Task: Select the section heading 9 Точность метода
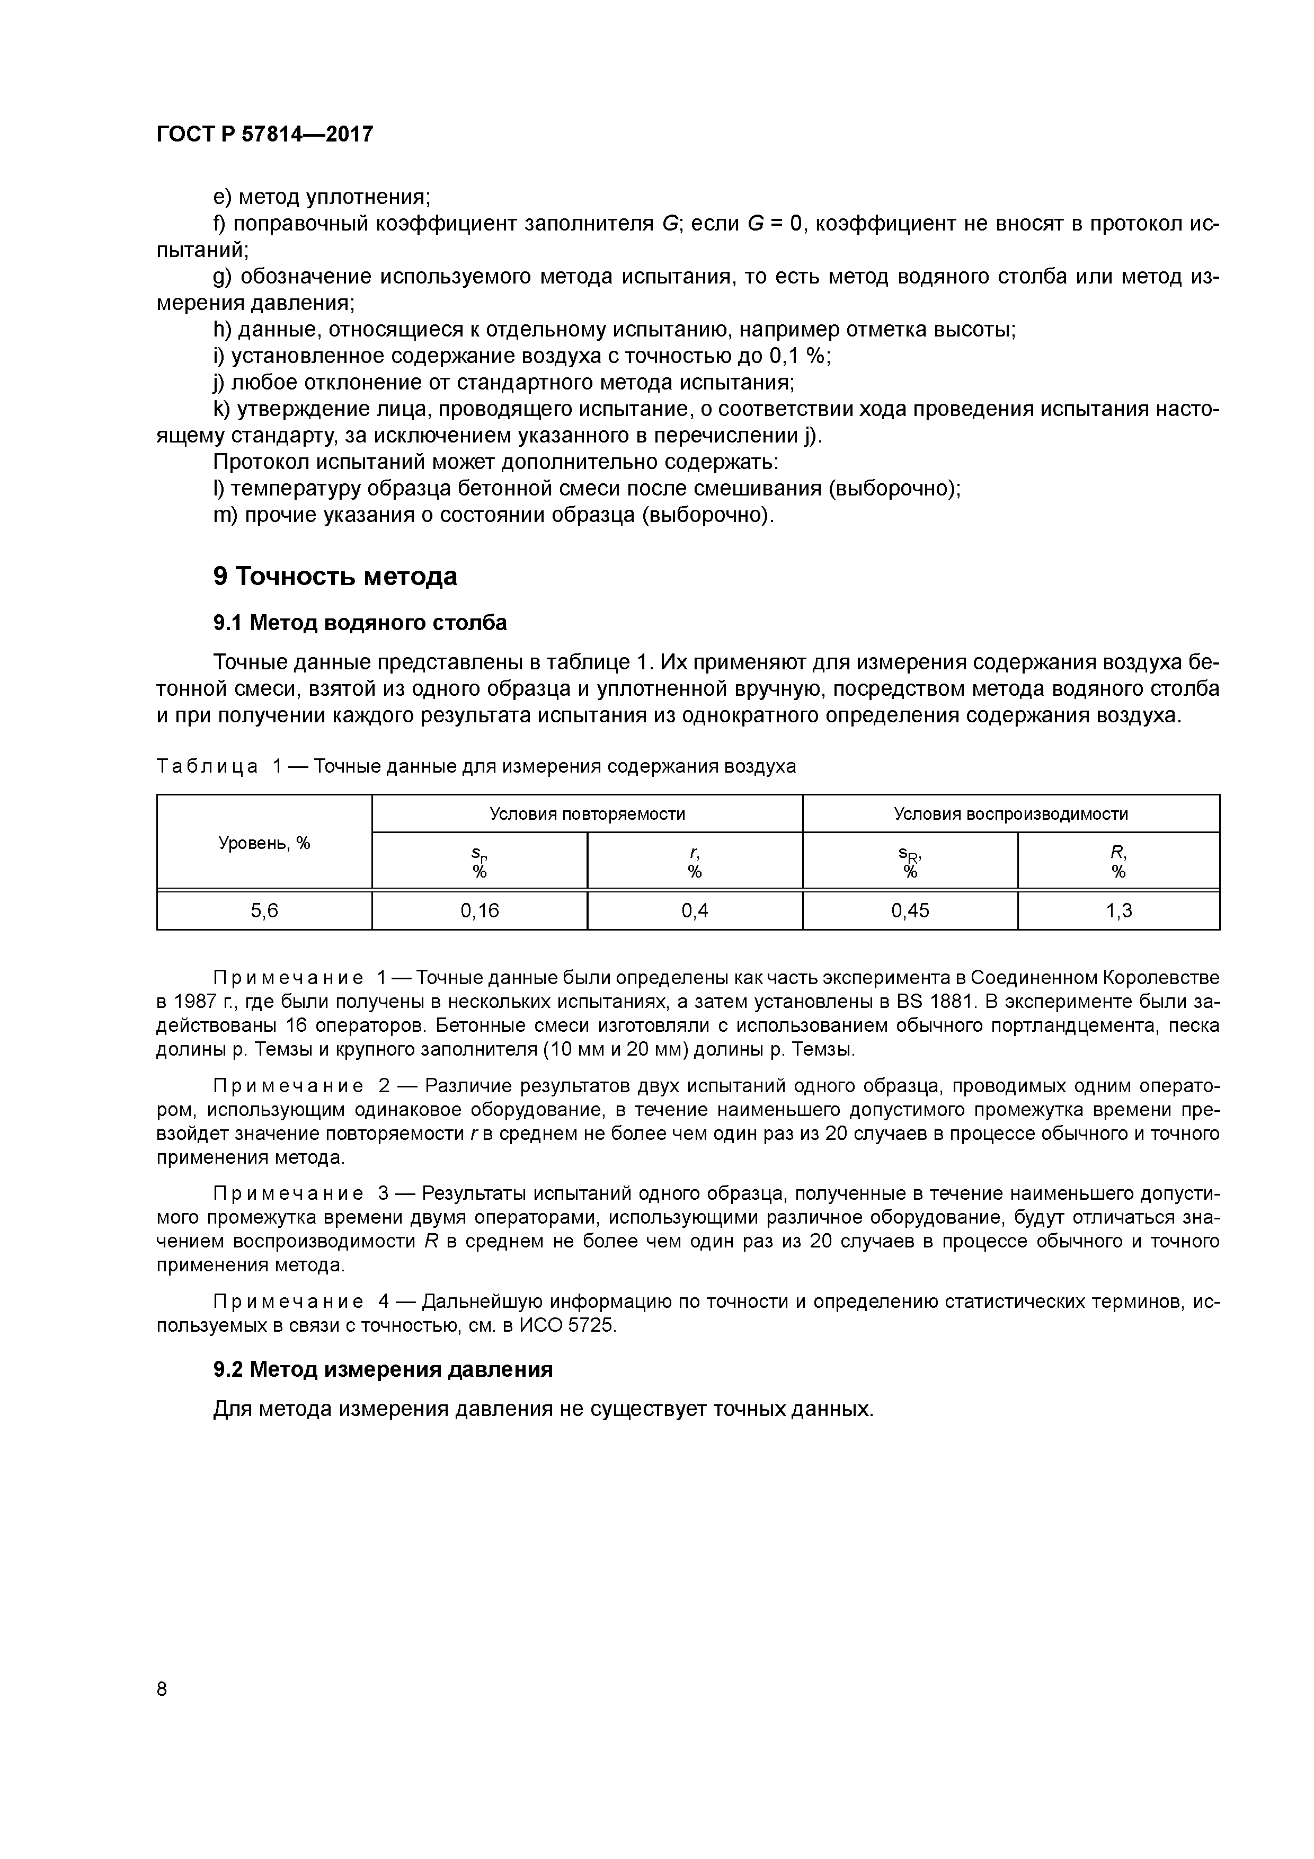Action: (335, 576)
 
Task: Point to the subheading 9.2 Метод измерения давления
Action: (383, 1369)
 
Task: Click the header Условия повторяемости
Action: (587, 814)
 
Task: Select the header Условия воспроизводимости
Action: (1010, 814)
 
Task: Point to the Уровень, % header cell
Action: (264, 843)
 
